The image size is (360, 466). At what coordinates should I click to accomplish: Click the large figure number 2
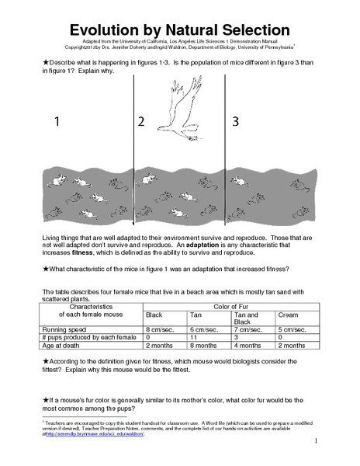(140, 122)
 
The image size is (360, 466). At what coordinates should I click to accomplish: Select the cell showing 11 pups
(194, 338)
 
